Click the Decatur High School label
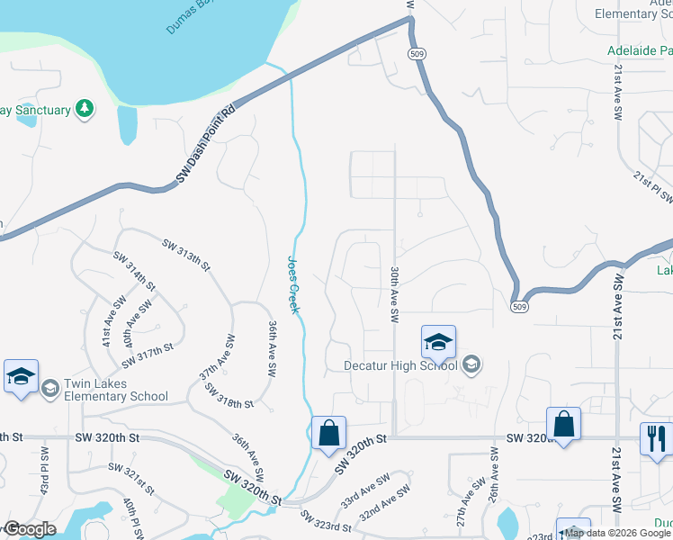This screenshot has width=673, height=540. click(400, 365)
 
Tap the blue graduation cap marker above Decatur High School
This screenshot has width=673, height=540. click(438, 342)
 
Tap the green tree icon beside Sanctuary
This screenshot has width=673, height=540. click(85, 109)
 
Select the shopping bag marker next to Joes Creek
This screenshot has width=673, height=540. click(329, 432)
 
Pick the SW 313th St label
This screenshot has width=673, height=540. click(186, 256)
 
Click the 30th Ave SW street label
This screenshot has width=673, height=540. click(394, 294)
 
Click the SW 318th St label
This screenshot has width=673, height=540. click(229, 397)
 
